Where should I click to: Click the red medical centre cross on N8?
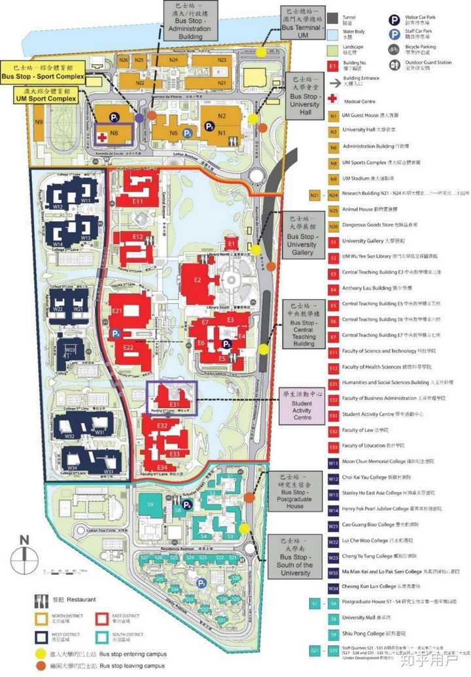102,137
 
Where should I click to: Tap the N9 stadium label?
39,122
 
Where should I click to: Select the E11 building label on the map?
137,201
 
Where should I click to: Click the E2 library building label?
197,279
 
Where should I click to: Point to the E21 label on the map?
118,309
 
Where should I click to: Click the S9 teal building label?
150,504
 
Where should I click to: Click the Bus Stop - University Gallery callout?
302,235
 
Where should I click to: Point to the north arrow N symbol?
24,540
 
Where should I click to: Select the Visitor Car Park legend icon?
394,20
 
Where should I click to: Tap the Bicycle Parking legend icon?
394,48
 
